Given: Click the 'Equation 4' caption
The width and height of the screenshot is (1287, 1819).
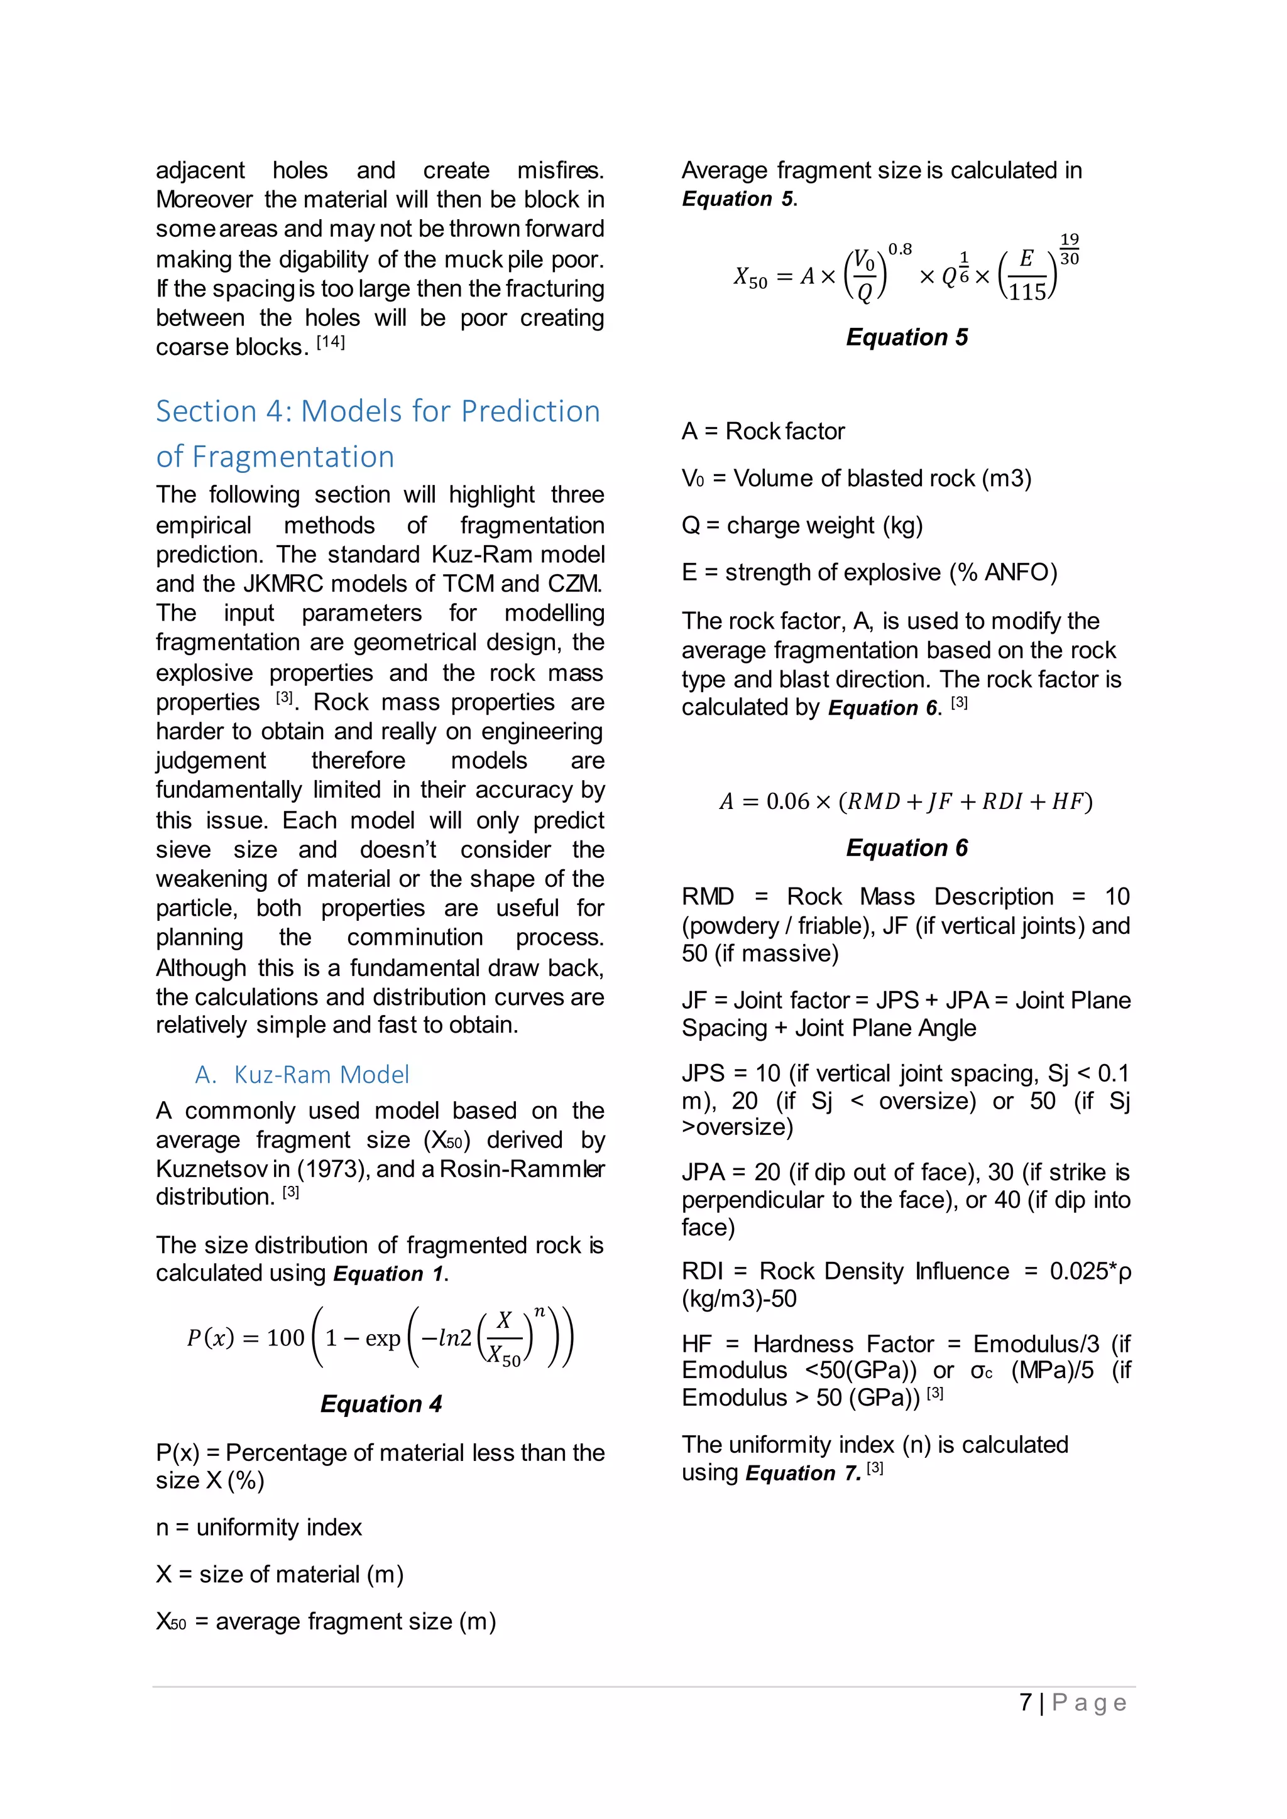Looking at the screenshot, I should [380, 1404].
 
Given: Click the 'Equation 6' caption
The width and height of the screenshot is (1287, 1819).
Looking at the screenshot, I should [907, 848].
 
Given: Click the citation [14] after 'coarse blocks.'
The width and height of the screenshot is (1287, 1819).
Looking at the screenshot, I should [331, 342].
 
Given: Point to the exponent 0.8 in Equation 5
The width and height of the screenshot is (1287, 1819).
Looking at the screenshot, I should [899, 249].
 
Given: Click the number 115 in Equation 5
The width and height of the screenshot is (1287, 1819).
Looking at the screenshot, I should [1027, 292].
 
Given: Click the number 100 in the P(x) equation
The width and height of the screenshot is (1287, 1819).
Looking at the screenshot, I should [285, 1338].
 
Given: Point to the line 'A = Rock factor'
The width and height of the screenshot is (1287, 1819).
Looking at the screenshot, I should [762, 431].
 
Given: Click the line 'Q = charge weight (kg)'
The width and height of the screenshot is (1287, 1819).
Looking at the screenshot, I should [801, 525].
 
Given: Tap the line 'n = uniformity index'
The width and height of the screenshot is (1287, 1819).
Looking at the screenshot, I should [258, 1527].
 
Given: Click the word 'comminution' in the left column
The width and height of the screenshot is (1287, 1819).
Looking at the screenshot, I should [415, 937].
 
